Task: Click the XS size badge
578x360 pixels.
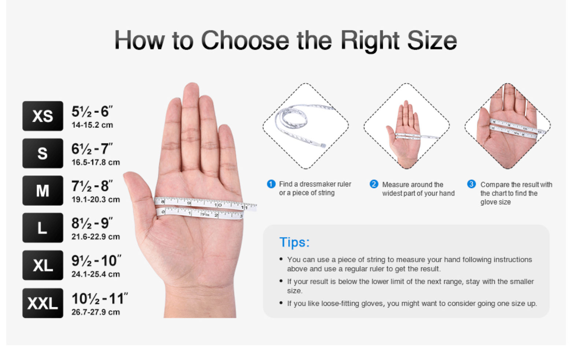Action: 42,116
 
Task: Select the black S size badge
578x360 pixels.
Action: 42,153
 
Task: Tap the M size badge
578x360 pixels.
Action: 42,190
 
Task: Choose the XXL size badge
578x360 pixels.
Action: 42,303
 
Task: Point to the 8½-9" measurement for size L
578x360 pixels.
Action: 92,223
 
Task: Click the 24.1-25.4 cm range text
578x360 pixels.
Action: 96,274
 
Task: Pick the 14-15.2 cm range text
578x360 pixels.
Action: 92,125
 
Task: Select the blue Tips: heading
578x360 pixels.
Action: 294,242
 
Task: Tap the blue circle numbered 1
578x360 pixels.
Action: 271,184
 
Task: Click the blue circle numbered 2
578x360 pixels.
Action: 374,184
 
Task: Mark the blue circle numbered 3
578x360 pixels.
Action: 471,184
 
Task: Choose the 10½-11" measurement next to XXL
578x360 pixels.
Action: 100,299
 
